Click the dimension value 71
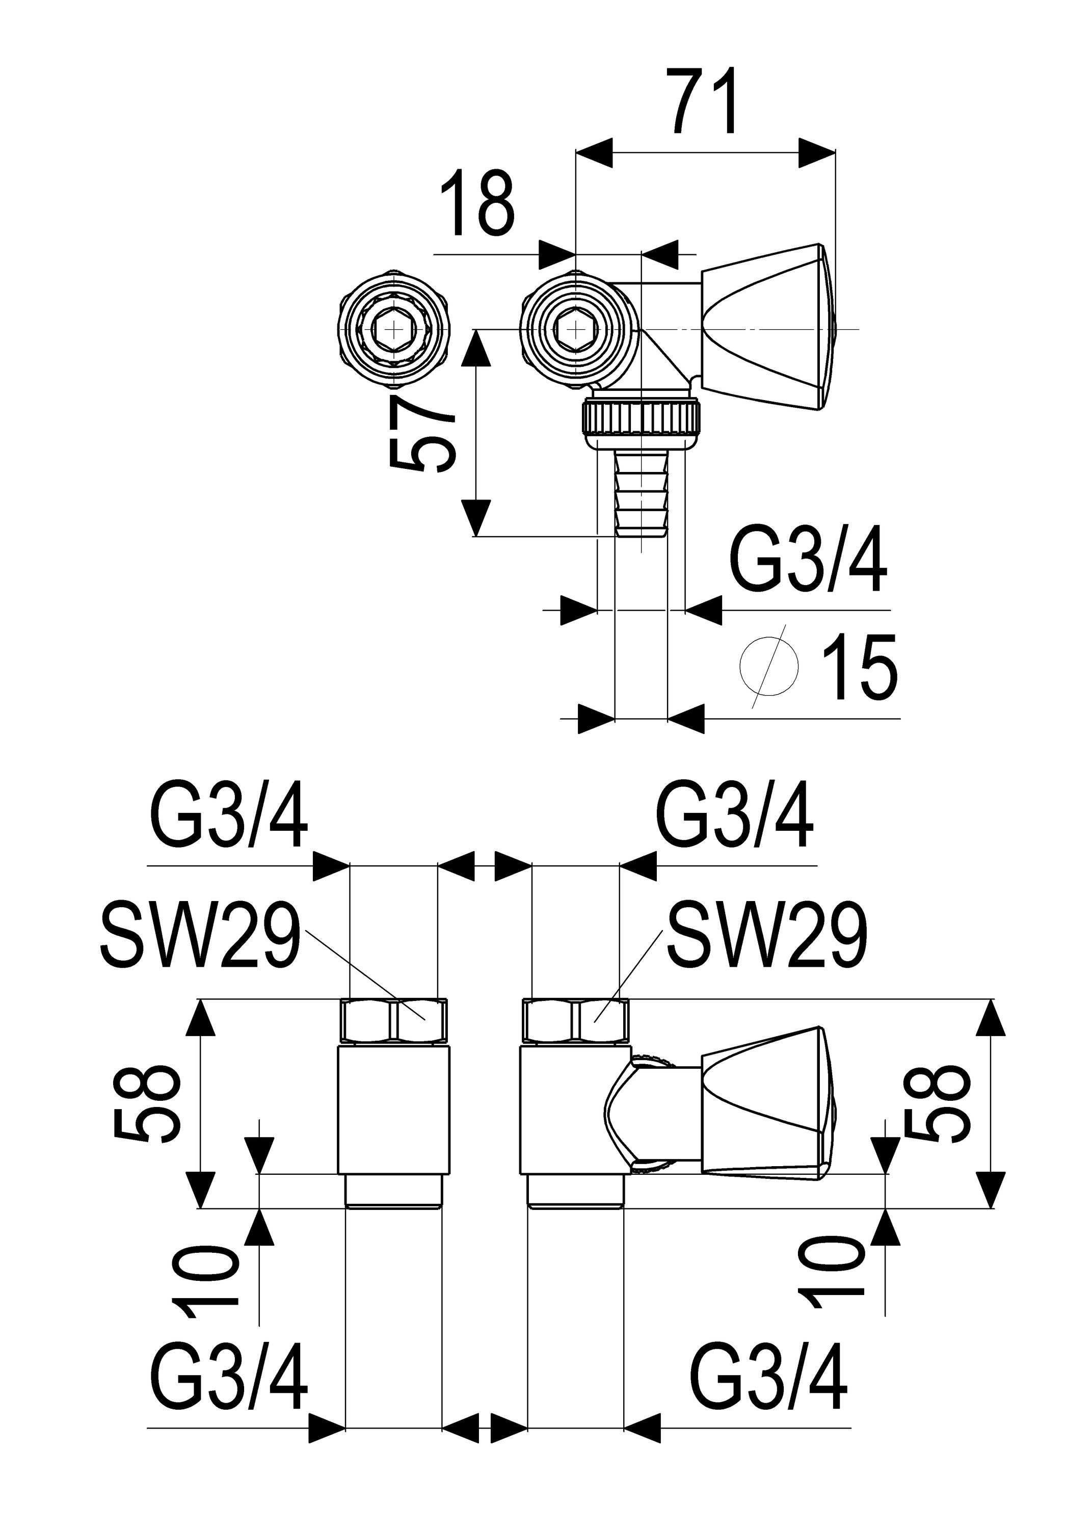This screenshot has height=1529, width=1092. coord(703,100)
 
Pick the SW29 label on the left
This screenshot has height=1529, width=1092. coord(200,935)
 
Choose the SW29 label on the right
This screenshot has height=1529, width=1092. coord(766,935)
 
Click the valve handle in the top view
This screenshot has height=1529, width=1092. coord(766,327)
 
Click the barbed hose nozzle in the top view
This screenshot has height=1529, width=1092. coord(642,494)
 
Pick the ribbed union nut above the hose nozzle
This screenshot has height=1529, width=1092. coord(642,418)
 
